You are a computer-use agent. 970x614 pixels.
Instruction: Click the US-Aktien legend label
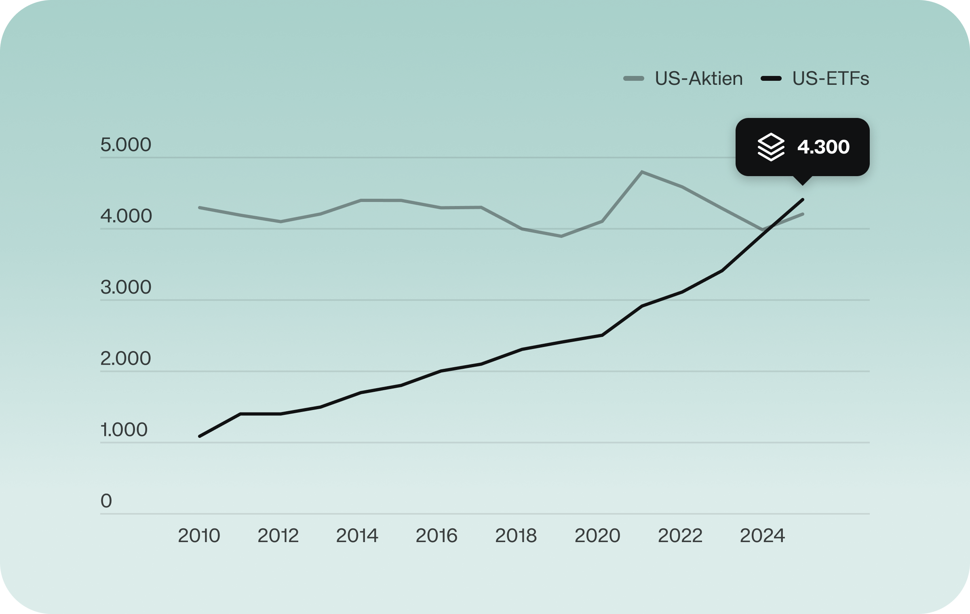[698, 79]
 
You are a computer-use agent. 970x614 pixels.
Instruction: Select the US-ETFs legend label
[831, 79]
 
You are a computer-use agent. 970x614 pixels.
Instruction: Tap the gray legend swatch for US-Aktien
[634, 79]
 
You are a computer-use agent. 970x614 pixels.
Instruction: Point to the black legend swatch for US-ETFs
[771, 79]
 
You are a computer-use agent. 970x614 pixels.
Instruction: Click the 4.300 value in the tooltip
[823, 147]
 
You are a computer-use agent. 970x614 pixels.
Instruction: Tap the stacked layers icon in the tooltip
[771, 147]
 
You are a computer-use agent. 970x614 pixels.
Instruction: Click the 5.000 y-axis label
[126, 145]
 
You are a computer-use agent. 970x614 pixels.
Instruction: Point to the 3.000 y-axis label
[126, 287]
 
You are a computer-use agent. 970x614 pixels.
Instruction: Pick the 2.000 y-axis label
[126, 358]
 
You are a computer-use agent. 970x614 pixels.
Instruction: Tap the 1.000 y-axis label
[124, 430]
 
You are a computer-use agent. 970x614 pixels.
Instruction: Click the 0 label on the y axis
[106, 501]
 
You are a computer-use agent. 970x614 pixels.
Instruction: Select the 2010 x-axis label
[199, 536]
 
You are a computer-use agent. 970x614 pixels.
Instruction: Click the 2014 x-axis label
[357, 536]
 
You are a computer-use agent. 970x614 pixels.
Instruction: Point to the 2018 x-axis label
[516, 536]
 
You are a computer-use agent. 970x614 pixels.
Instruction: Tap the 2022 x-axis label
[680, 536]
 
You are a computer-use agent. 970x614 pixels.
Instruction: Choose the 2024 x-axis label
[762, 536]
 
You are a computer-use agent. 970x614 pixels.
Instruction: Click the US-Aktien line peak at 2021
[642, 172]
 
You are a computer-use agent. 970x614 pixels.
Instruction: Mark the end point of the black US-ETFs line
[803, 200]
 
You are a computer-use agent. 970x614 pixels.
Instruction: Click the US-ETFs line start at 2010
[199, 436]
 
